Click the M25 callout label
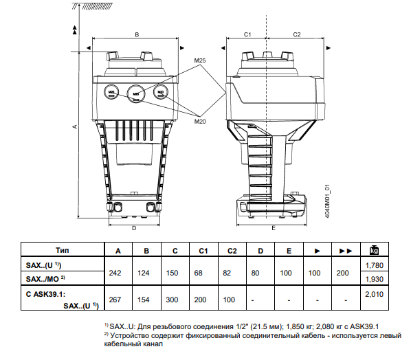200,60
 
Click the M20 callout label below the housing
200,122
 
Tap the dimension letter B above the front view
137,34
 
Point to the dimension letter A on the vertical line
75,126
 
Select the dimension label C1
247,34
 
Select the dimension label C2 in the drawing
297,34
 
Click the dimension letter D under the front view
134,228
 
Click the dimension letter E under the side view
274,228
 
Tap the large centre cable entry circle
136,93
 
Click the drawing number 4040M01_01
326,201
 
